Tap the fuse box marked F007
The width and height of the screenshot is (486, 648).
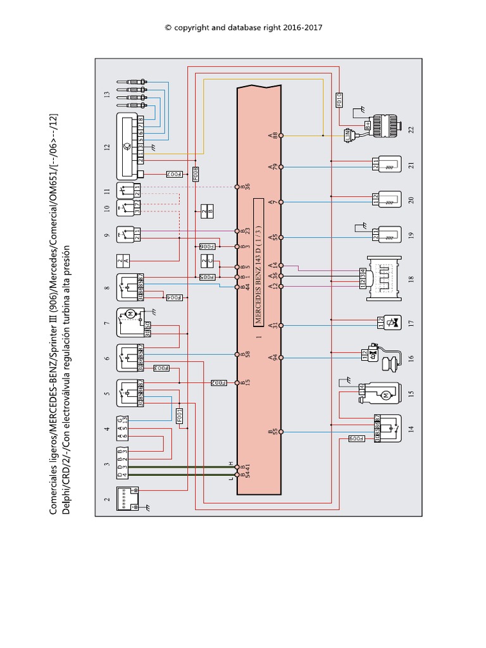[174, 173]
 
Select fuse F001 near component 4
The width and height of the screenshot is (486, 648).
[180, 416]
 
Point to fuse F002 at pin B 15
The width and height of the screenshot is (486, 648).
[219, 382]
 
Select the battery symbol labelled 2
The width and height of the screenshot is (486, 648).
[126, 499]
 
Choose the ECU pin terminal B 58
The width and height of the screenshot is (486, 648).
[238, 354]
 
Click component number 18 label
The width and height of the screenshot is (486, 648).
[411, 277]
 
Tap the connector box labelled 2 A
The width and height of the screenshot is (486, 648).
[124, 259]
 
